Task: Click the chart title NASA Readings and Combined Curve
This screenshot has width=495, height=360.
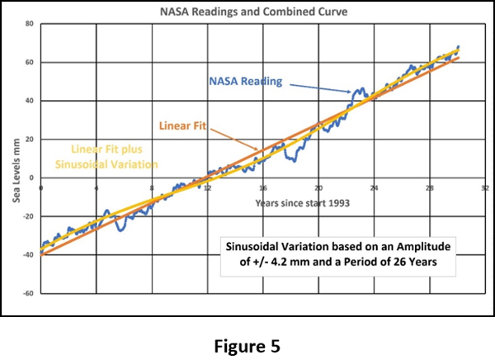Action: (247, 11)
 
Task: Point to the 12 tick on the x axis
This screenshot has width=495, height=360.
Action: (207, 187)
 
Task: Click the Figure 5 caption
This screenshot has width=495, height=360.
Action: (247, 345)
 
